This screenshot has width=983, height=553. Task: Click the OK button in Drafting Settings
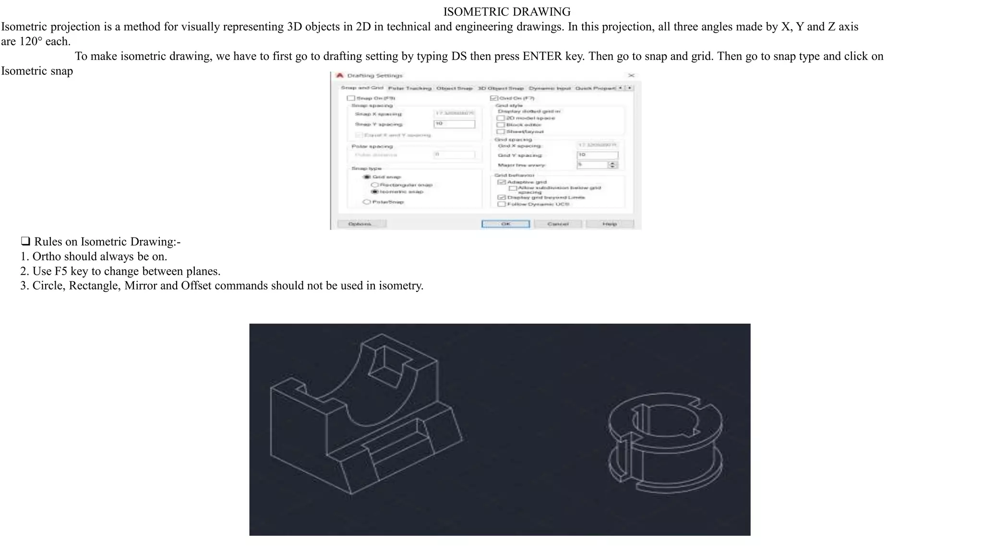coord(505,224)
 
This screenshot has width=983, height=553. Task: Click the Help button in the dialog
coord(610,224)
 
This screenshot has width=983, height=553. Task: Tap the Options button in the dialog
coord(361,224)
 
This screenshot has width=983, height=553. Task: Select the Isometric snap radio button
coord(376,192)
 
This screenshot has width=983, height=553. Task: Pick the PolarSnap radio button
coord(367,202)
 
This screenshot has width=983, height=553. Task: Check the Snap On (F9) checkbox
coord(351,98)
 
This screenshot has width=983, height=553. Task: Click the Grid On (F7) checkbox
coord(493,98)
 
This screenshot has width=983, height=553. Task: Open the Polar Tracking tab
coord(409,88)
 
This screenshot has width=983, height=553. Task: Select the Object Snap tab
coord(454,88)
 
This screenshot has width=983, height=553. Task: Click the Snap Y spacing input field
coord(454,124)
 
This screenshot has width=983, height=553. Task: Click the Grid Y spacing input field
coord(597,155)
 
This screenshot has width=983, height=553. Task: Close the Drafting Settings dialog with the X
coord(631,75)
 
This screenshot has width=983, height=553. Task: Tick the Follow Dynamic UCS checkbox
coord(502,204)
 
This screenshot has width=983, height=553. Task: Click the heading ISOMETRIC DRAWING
coord(506,12)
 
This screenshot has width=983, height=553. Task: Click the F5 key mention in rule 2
coord(61,271)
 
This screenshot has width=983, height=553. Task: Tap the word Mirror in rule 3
coord(140,286)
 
